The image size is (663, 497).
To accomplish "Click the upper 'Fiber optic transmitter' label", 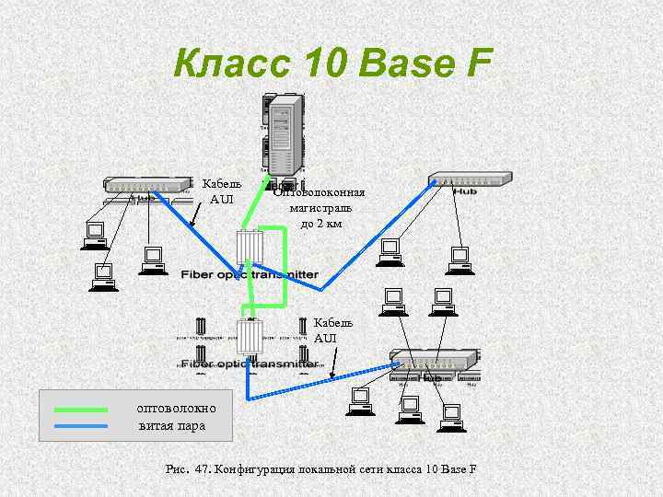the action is click(x=250, y=274).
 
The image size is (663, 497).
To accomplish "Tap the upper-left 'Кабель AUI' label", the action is click(x=222, y=191).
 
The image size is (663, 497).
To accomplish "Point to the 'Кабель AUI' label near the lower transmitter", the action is click(x=326, y=330).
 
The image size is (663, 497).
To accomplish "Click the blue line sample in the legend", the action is click(x=81, y=425).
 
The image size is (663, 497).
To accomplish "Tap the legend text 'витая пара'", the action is click(x=172, y=425).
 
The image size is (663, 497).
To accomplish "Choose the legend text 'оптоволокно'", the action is click(x=176, y=408).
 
